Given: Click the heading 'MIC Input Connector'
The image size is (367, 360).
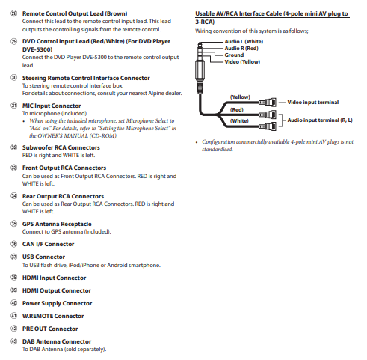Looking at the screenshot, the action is tap(52, 106).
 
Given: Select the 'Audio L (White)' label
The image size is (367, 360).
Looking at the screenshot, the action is tap(244, 42).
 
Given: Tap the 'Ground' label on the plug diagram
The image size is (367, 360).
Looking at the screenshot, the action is tap(234, 55).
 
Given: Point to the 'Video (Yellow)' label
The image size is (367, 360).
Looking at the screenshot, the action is tap(242, 62).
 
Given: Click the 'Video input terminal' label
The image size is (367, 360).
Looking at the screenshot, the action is tap(313, 103).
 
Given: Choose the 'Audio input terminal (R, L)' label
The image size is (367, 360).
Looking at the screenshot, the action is tap(320, 120).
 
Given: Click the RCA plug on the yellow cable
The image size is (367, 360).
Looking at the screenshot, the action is tap(268, 103).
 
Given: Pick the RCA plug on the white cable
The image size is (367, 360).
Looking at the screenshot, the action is tap(268, 126).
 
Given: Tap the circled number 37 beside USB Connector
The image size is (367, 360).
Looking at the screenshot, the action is tap(13, 257).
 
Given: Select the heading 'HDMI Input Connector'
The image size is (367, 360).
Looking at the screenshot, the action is tap(54, 278).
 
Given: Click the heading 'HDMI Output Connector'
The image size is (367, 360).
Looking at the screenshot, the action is tap(57, 290).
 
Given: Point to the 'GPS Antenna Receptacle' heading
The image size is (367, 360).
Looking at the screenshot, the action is tap(57, 224).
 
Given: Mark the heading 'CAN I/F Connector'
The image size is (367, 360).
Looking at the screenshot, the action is tap(48, 244).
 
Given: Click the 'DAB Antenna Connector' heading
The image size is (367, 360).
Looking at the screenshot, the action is tap(57, 341).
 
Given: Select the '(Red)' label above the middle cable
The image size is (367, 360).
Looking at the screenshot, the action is tap(237, 110).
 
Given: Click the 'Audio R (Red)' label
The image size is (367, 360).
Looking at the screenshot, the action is tap(241, 49).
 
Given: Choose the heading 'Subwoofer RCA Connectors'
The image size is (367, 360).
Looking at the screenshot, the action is tap(61, 147).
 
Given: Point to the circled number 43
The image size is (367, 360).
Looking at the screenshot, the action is tap(13, 341).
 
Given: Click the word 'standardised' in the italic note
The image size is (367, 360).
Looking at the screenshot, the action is tap(217, 150).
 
